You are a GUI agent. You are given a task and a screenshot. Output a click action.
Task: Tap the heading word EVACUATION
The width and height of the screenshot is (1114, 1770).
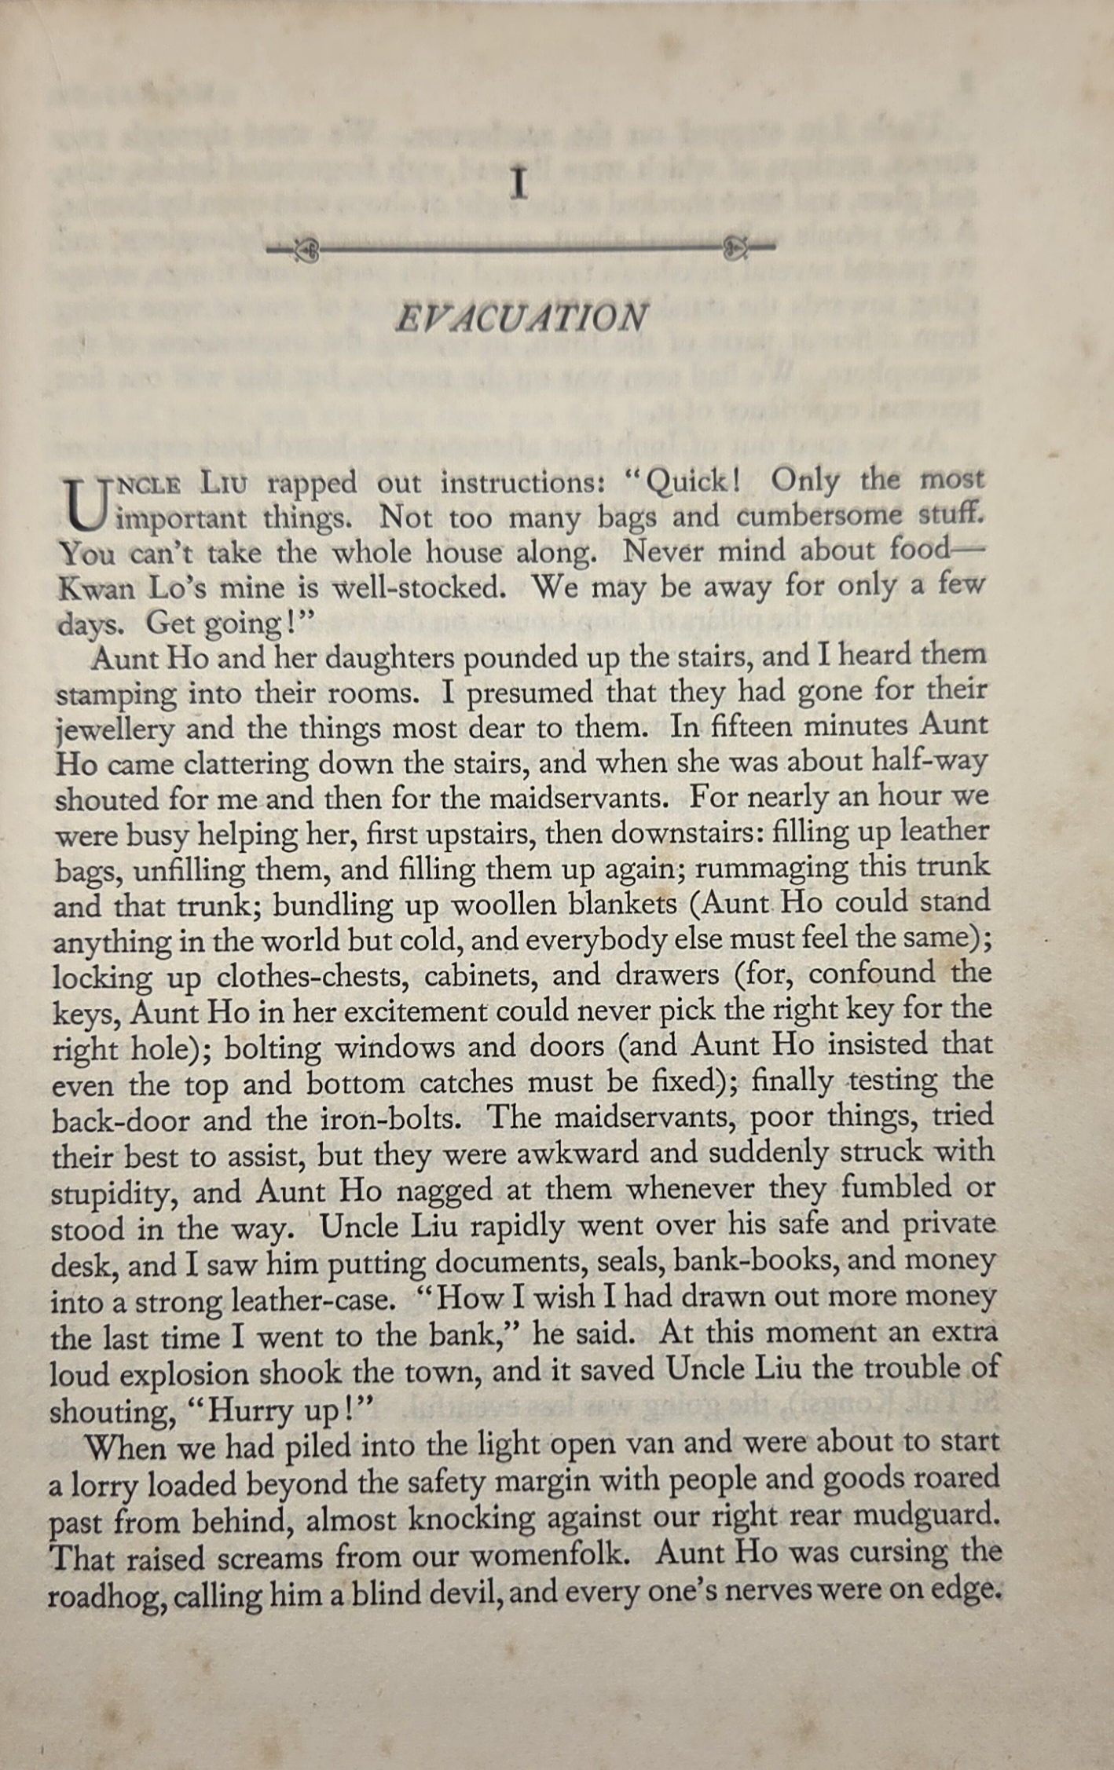tap(521, 318)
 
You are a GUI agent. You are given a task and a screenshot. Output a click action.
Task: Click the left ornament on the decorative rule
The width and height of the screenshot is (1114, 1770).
tap(306, 251)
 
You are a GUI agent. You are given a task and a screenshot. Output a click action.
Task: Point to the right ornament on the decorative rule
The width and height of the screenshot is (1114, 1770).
tap(735, 248)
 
